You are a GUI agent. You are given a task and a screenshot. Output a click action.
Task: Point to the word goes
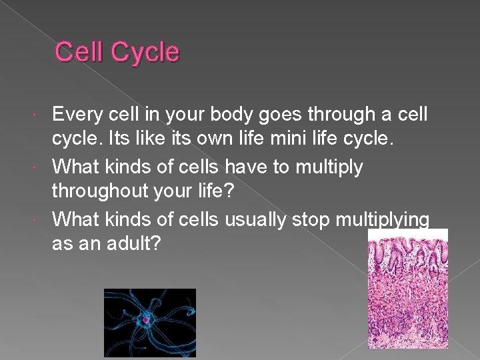point(287,115)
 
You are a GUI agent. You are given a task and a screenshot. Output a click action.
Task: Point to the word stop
point(320,218)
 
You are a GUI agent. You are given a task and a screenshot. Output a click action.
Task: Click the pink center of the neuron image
point(147,321)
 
